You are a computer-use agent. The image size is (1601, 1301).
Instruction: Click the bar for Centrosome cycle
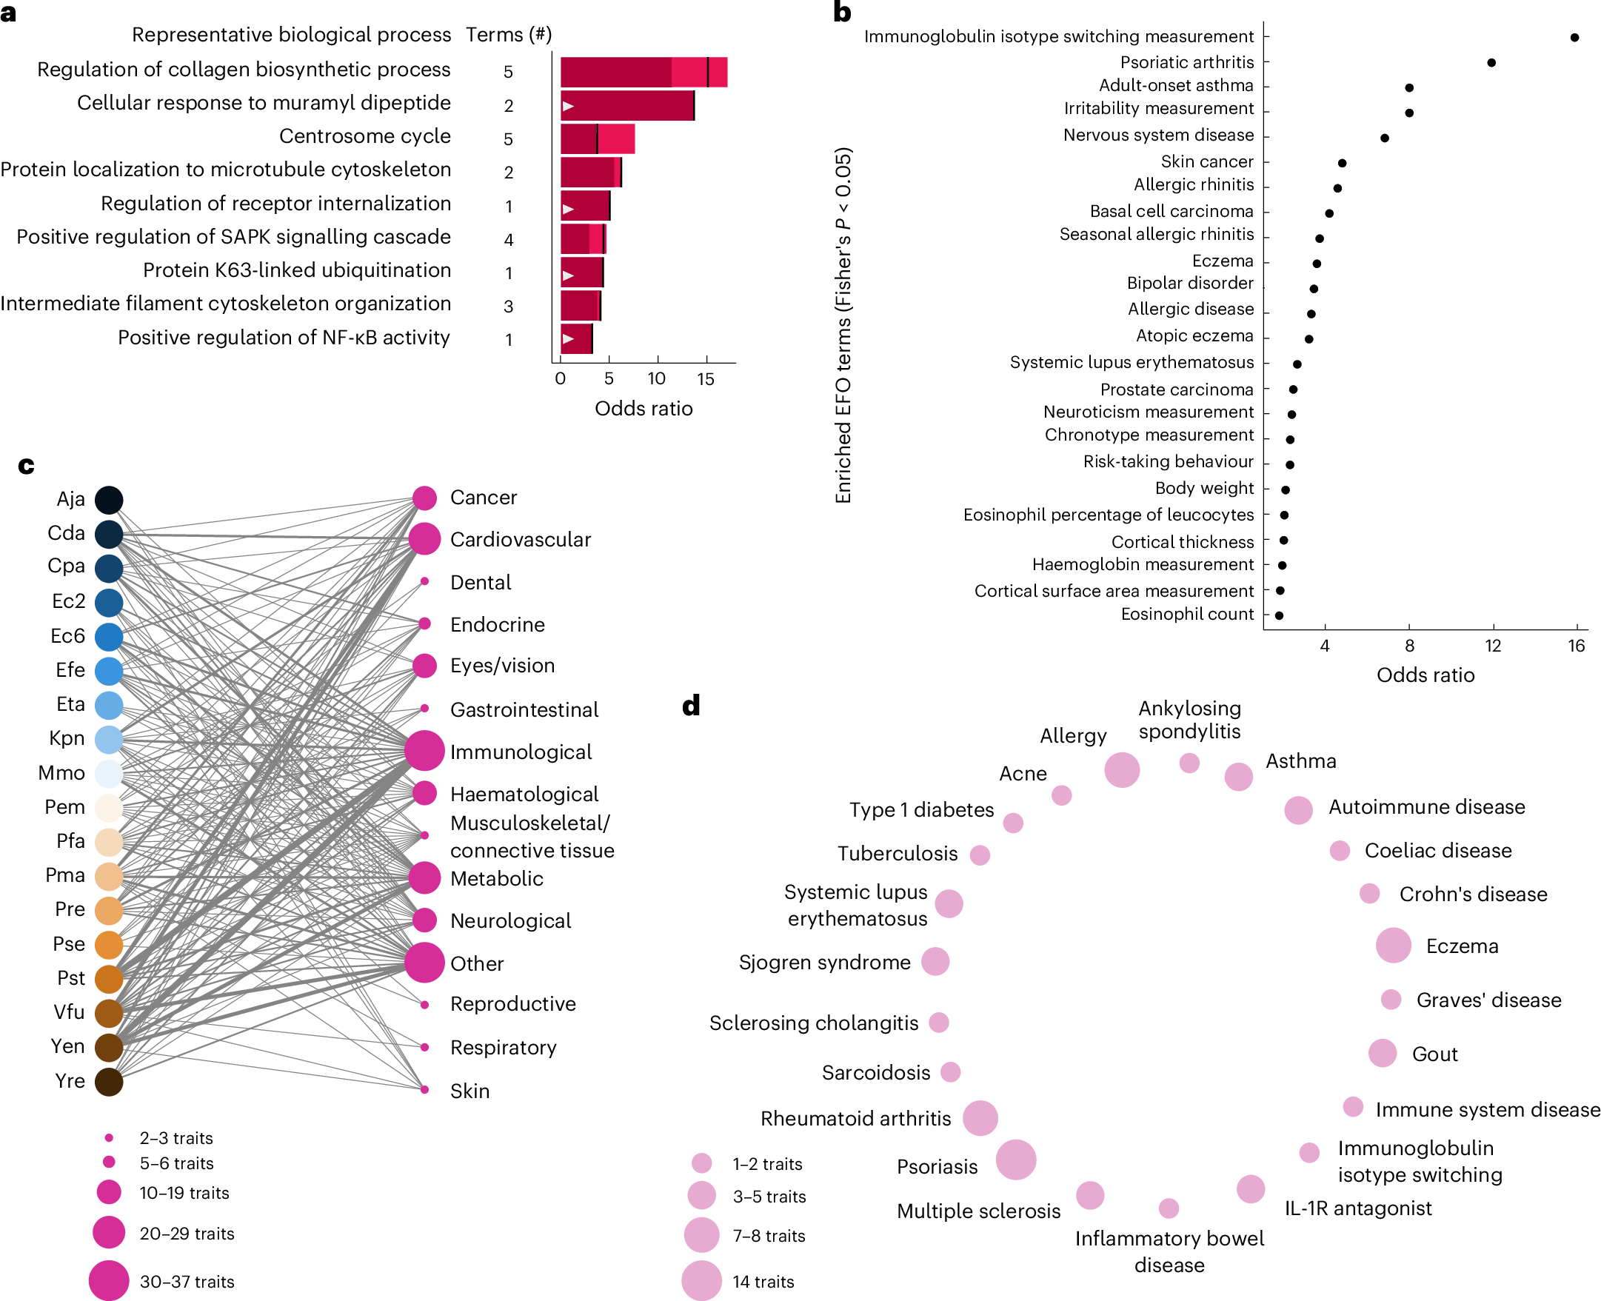(598, 138)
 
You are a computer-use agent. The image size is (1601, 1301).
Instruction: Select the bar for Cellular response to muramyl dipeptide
(627, 106)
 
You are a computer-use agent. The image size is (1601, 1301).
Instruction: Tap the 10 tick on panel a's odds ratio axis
(657, 378)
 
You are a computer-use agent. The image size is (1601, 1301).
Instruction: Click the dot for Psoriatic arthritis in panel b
(1491, 62)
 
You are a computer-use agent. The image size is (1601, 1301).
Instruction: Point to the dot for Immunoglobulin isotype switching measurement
(1574, 37)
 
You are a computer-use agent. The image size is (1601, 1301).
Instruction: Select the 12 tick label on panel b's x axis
(1492, 645)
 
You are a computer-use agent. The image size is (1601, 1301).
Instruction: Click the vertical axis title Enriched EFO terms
(843, 325)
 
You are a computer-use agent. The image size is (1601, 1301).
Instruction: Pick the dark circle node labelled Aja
(109, 500)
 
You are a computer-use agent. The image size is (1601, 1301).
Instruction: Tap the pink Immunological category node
(424, 750)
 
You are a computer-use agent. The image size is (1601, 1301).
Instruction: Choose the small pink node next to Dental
(424, 581)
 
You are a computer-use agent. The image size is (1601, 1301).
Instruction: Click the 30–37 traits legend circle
(109, 1281)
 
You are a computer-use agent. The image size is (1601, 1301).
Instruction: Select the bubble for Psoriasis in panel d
(1015, 1160)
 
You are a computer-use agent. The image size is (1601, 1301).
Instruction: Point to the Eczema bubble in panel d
(1393, 945)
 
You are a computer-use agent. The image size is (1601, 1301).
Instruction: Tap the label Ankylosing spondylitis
(1189, 720)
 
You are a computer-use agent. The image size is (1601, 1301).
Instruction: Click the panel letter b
(842, 12)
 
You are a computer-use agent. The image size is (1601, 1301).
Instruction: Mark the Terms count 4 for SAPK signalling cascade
(508, 240)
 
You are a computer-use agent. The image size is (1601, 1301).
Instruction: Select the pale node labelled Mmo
(109, 773)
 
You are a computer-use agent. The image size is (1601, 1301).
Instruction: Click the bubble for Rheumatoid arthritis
(980, 1118)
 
